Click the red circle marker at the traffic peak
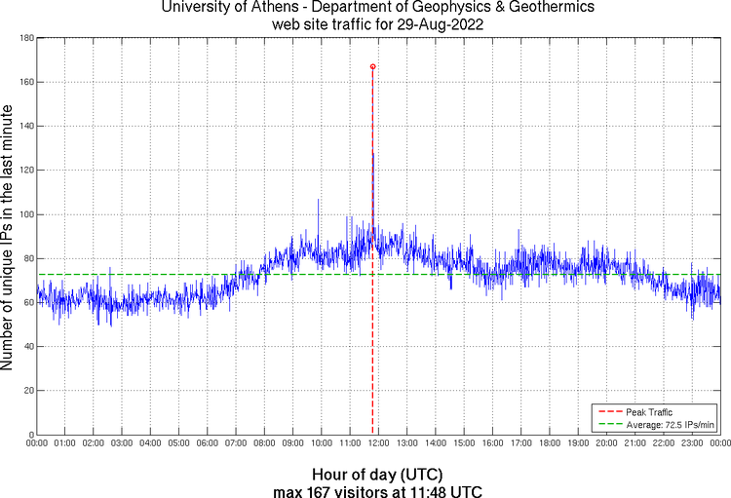point(372,66)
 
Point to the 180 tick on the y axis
point(25,38)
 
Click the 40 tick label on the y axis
point(27,346)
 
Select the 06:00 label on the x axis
point(208,443)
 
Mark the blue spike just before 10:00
point(318,201)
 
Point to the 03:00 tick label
point(123,443)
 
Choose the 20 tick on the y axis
point(27,390)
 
